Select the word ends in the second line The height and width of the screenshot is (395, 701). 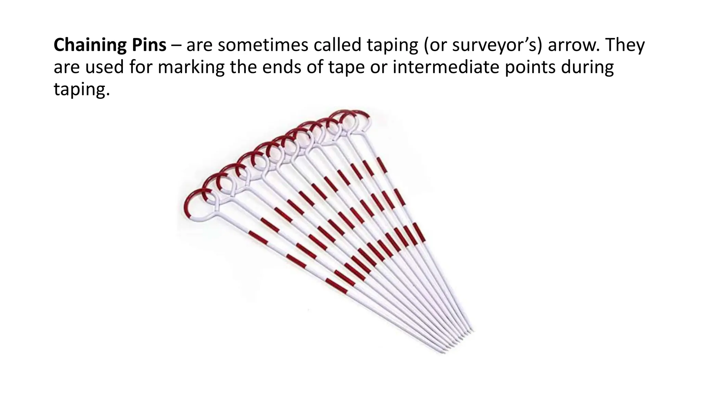click(284, 68)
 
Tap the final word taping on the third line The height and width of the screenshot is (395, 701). click(82, 90)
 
